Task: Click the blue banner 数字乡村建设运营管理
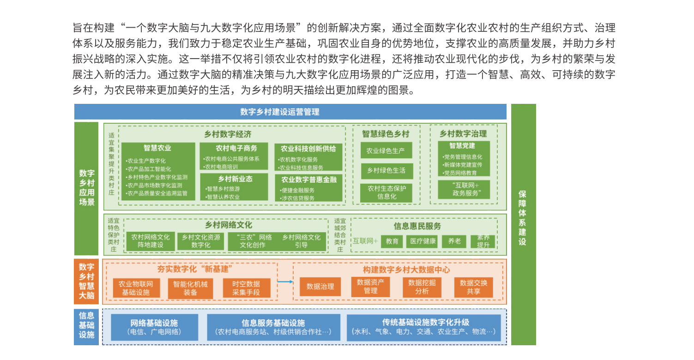click(x=290, y=112)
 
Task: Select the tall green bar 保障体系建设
click(x=523, y=224)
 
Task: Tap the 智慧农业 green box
click(x=158, y=171)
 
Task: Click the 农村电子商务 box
click(x=236, y=157)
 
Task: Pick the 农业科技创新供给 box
click(x=308, y=157)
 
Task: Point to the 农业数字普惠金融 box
click(x=308, y=188)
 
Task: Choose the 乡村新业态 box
click(x=236, y=186)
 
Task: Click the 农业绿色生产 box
click(x=386, y=150)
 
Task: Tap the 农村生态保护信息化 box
click(x=386, y=192)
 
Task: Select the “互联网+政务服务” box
click(x=464, y=189)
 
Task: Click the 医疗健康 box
click(x=423, y=241)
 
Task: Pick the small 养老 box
click(x=454, y=241)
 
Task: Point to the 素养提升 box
click(x=483, y=241)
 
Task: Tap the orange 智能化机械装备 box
click(x=190, y=288)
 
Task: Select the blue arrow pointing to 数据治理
click(x=285, y=281)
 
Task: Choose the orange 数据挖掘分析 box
click(x=422, y=287)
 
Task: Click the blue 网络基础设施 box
click(x=154, y=327)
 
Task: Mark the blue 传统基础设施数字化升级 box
click(x=423, y=327)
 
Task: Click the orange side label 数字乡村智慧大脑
click(x=86, y=281)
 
